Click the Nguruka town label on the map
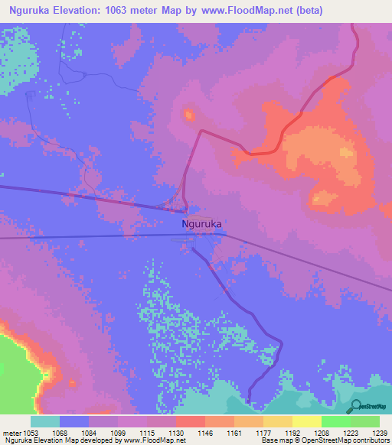click(x=202, y=224)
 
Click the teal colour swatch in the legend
click(x=45, y=421)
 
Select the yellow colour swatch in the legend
click(x=306, y=421)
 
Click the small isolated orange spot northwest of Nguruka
click(x=188, y=115)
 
